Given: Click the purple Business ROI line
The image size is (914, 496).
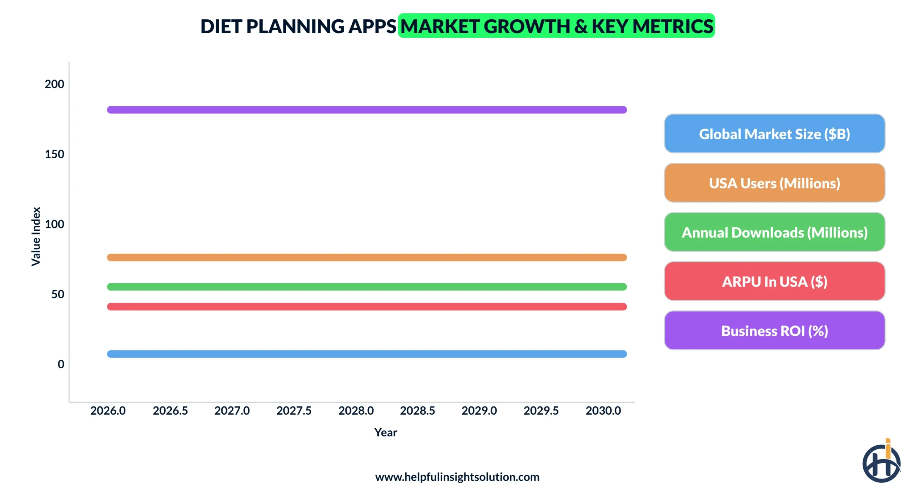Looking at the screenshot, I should click(367, 110).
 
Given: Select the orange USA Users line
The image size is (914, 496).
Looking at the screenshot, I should click(367, 257).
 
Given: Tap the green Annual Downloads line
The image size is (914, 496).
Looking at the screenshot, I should click(367, 287).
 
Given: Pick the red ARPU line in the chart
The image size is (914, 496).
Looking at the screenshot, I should click(367, 307).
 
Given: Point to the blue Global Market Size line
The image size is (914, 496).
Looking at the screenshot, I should click(367, 354).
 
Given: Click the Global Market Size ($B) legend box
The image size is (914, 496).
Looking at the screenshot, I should click(774, 134).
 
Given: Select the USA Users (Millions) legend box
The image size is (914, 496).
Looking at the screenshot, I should click(774, 183).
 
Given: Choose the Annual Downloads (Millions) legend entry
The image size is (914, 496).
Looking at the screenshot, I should click(774, 232).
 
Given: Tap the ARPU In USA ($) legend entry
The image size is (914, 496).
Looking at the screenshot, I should click(774, 282).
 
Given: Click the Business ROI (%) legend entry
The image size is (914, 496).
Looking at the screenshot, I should click(774, 331).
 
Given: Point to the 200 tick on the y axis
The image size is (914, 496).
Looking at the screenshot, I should click(54, 84).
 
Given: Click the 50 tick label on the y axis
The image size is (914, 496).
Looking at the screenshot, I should click(57, 294).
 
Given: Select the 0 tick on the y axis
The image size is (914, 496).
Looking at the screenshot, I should click(61, 364).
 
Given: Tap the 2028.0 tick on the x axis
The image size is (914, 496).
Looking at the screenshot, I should click(356, 411).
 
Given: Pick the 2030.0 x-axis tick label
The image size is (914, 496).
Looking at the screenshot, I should click(603, 411).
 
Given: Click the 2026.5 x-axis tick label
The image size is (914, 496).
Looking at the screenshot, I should click(170, 411).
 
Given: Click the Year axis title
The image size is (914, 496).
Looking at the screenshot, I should click(385, 432).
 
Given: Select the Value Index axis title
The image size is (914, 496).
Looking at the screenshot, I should click(36, 236).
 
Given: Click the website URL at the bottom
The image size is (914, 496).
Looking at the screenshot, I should click(457, 477).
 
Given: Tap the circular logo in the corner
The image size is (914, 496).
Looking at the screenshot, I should click(881, 463).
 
